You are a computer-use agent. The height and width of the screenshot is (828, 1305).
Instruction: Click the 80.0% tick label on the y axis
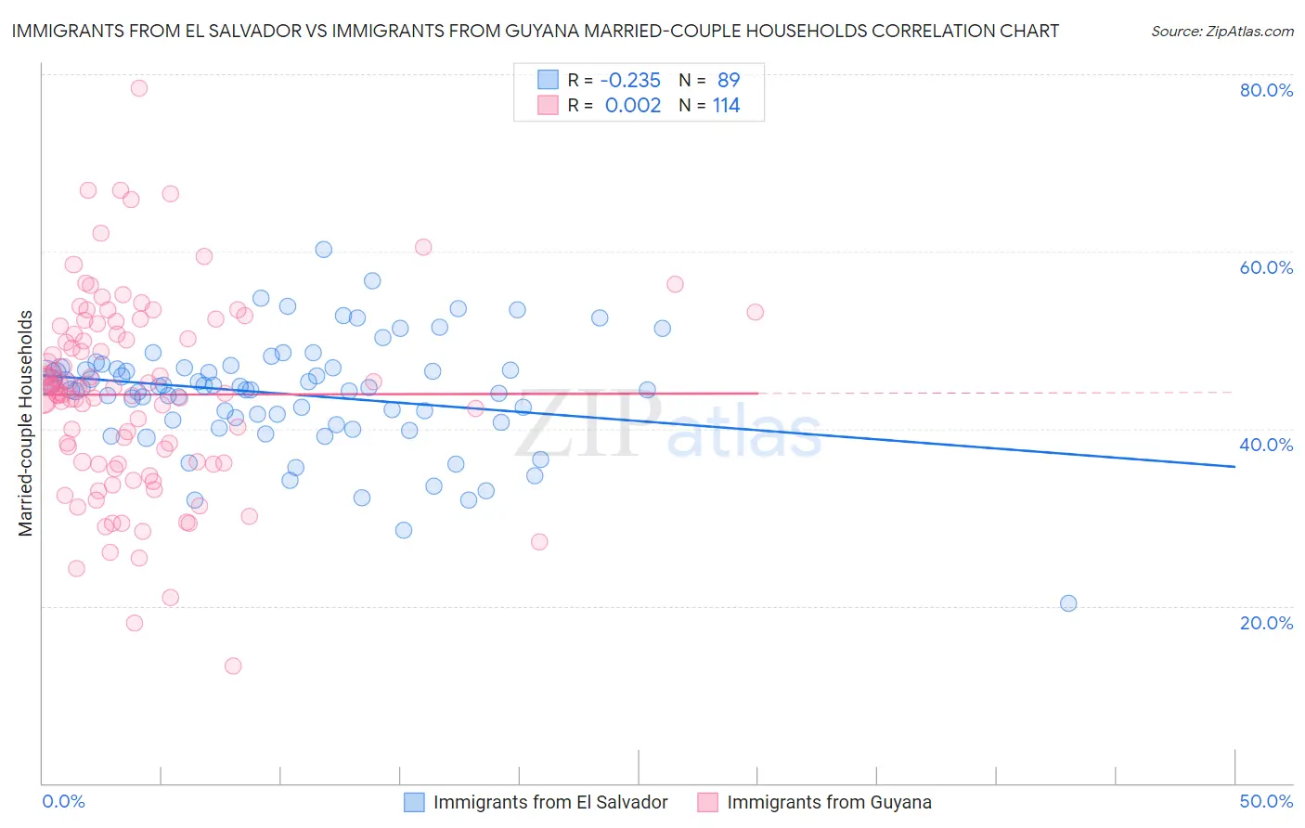(x=1266, y=90)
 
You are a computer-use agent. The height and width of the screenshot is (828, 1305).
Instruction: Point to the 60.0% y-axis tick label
(x=1266, y=267)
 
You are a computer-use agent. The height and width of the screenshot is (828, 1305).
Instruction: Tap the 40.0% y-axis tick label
(x=1266, y=445)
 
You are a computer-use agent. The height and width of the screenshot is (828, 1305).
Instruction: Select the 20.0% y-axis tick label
(x=1266, y=623)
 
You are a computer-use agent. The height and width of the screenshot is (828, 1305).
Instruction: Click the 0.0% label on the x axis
(x=63, y=801)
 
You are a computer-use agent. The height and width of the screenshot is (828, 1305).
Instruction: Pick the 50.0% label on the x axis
(x=1266, y=801)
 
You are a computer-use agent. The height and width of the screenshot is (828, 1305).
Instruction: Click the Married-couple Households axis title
(x=26, y=423)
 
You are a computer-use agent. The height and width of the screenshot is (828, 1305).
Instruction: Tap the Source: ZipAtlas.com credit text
(x=1221, y=32)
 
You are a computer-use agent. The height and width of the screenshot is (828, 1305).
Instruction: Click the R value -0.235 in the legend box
(x=632, y=80)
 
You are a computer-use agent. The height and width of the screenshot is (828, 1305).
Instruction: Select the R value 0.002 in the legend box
(x=633, y=106)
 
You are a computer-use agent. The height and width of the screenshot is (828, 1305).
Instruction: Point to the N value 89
(x=729, y=80)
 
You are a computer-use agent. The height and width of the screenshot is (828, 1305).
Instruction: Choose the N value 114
(x=726, y=106)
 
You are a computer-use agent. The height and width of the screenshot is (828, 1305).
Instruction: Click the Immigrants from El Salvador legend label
(x=550, y=802)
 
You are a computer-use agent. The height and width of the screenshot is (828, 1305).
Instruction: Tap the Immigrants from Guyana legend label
(x=829, y=802)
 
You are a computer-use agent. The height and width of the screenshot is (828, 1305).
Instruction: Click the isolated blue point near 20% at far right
(x=1068, y=603)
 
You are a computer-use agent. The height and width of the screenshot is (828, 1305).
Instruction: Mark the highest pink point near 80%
(x=139, y=88)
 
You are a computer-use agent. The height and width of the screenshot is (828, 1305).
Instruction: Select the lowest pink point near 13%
(x=233, y=666)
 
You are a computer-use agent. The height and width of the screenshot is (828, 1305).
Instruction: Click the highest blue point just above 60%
(x=324, y=249)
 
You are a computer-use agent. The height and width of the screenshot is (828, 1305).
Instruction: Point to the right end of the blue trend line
(x=1234, y=466)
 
